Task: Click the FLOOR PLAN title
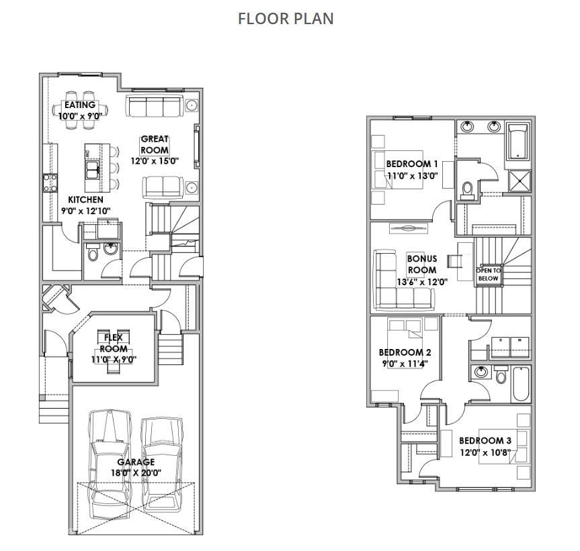point(286,19)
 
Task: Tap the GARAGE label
point(136,462)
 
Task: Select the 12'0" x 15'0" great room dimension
point(155,161)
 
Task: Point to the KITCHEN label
point(85,200)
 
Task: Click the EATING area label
point(80,105)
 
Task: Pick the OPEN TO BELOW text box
point(489,274)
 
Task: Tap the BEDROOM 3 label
point(485,440)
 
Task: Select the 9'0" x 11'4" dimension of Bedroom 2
point(405,363)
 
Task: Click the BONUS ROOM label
point(422,264)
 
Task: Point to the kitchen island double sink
point(92,170)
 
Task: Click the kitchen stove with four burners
point(50,183)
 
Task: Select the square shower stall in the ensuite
point(520,181)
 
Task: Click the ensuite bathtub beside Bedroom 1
point(517,142)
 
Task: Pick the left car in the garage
point(110,464)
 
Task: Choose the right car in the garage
point(162,464)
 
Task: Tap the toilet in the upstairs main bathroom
point(501,375)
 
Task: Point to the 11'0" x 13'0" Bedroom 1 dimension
point(413,175)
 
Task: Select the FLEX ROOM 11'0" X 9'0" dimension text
point(114,359)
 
